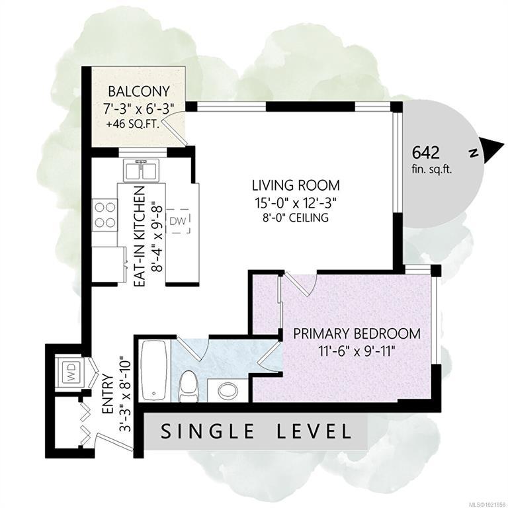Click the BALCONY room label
139,91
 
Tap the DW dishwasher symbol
178,221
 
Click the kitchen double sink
141,171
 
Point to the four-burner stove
105,215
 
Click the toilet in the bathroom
189,386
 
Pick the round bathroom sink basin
228,391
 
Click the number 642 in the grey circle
426,153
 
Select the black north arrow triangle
492,149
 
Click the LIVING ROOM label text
296,186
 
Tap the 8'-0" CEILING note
295,218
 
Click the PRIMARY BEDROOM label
357,333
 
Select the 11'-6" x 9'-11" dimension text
357,351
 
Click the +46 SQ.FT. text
133,124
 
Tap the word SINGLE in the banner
208,431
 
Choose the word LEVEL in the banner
314,431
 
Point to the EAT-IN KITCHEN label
140,237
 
